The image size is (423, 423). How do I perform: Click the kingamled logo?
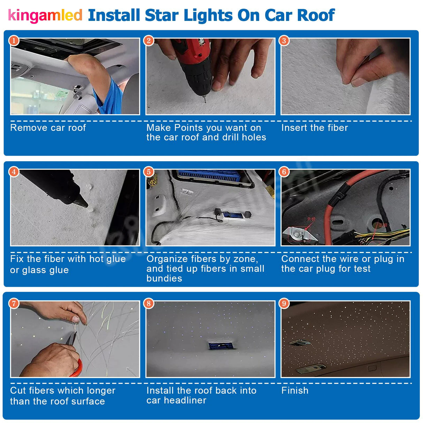point(45,16)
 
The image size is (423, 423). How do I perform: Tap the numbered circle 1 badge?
point(14,41)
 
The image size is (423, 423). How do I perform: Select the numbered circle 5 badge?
point(149,172)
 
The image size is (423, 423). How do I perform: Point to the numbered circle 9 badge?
point(284,303)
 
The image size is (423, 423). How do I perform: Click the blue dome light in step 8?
point(218,345)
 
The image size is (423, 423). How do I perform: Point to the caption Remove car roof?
point(48,128)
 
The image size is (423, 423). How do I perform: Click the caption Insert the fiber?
point(314,128)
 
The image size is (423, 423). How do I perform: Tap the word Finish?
point(295,391)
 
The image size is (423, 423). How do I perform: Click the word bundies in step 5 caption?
point(164,278)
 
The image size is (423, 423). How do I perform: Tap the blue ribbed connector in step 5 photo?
point(209,176)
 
